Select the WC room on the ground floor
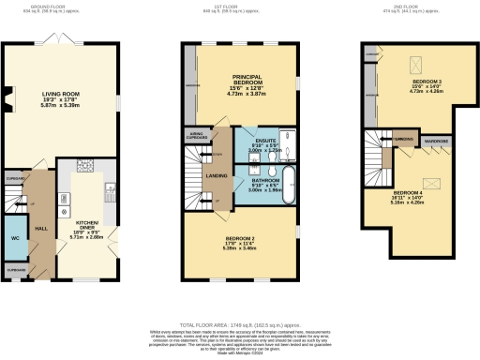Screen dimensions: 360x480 [15, 237]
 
